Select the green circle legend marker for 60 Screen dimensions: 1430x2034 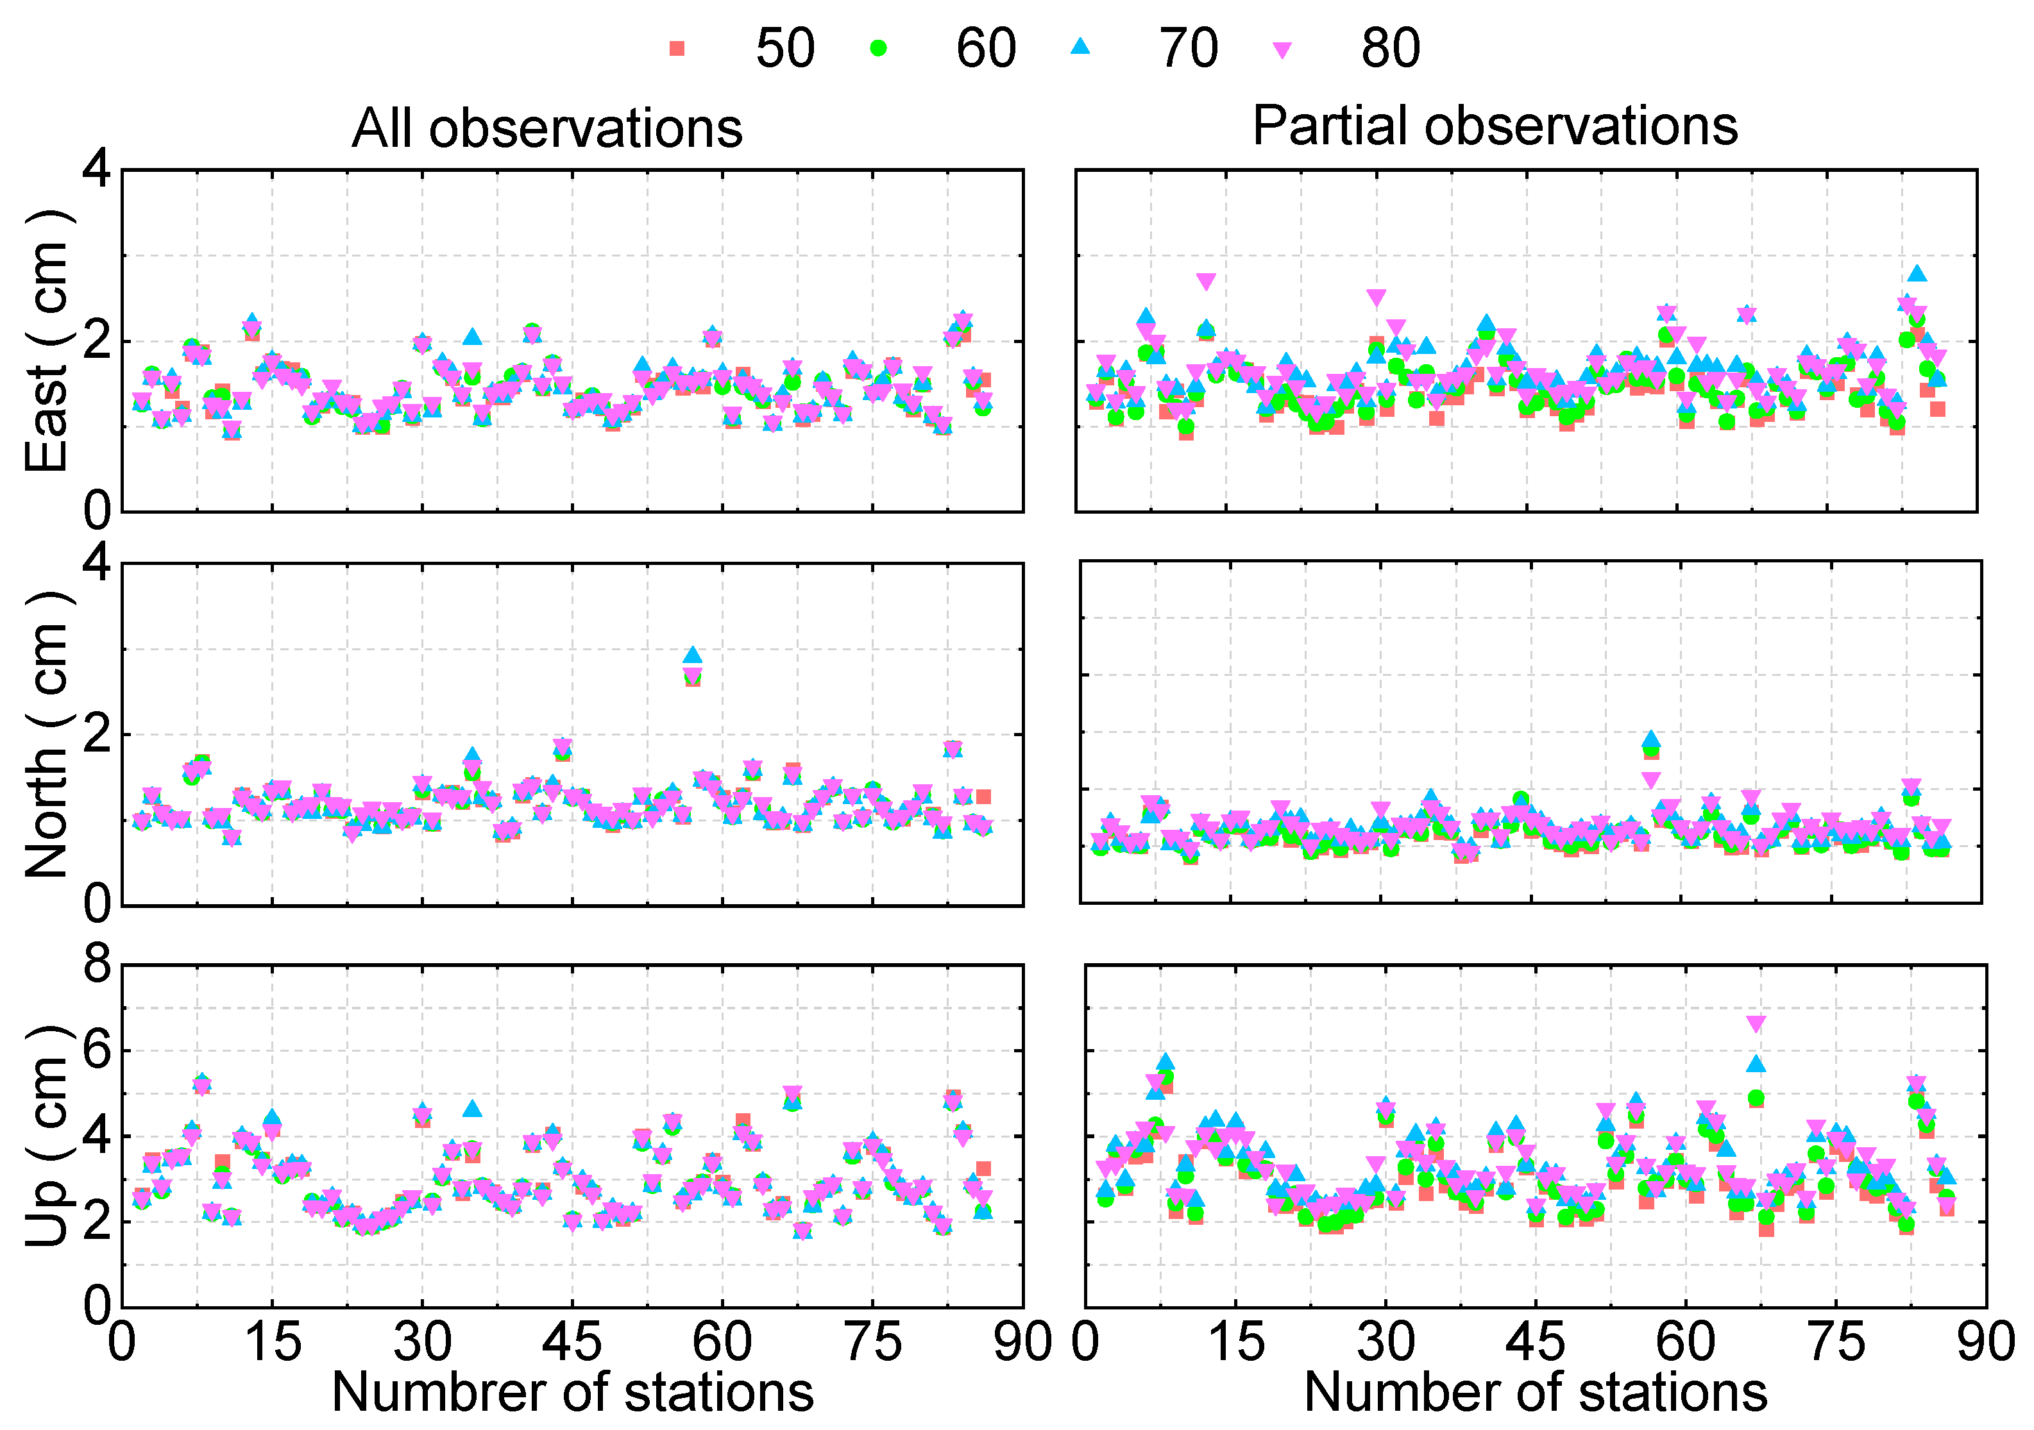[878, 48]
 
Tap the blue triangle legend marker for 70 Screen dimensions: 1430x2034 [1080, 46]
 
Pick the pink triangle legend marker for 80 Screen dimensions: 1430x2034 [1282, 51]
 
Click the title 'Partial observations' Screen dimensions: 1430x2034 [1495, 126]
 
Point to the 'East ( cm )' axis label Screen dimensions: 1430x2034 [48, 341]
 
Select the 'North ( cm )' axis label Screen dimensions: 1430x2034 [48, 734]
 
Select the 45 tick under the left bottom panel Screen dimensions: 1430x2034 [572, 1342]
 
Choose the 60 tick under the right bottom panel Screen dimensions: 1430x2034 [1685, 1342]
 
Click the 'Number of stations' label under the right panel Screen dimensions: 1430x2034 [1535, 1392]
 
